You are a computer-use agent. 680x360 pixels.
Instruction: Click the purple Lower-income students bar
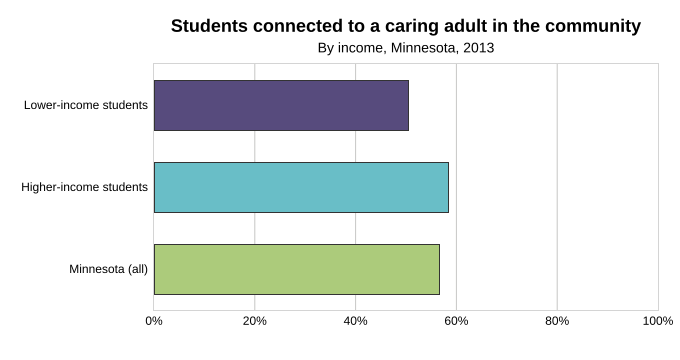coord(281,105)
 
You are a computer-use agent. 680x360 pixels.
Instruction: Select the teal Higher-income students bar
coord(301,187)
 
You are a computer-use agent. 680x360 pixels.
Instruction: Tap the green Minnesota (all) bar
coord(297,269)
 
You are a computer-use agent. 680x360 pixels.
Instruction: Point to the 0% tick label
coord(154,321)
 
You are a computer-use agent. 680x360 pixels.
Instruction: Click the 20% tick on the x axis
coord(255,321)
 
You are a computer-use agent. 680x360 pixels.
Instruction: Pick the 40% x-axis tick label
coord(356,321)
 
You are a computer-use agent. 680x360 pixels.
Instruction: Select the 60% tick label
coord(456,321)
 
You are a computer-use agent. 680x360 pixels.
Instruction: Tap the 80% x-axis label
coord(557,321)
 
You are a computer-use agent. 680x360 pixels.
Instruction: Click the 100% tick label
coord(658,321)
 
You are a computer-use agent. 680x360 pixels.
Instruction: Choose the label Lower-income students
coord(86,105)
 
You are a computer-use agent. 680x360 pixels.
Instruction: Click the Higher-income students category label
coord(85,187)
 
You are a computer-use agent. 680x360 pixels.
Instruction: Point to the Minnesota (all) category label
coord(108,269)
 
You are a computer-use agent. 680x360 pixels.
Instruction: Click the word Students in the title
coord(209,26)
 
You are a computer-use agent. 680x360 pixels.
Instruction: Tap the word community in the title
coord(593,26)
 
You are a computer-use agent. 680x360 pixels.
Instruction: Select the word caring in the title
coord(410,27)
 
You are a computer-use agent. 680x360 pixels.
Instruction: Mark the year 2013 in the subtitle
coord(478,48)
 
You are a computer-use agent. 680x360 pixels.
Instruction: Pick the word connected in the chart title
coord(298,26)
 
